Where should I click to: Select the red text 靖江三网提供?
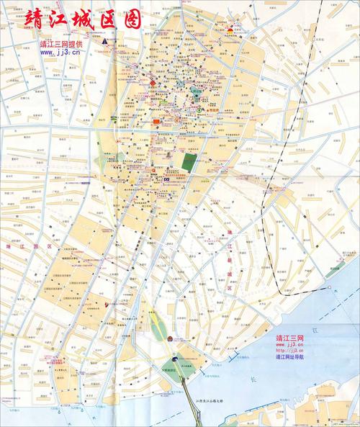pos(61,44)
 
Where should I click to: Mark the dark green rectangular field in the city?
pos(189,163)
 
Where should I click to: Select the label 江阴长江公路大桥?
pos(210,400)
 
